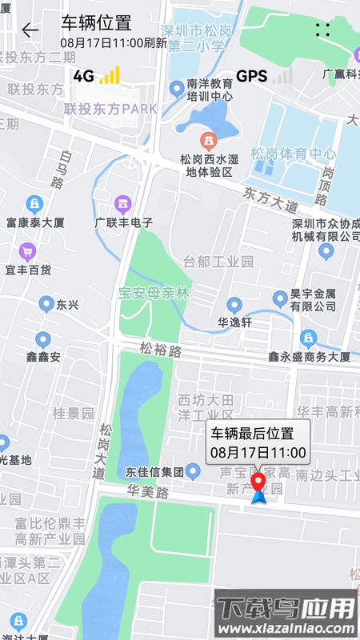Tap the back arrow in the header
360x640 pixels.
(x=30, y=30)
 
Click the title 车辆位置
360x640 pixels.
(x=96, y=22)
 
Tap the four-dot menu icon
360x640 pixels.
(x=322, y=30)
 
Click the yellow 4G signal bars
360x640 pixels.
(x=110, y=76)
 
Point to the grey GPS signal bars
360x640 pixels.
(x=282, y=76)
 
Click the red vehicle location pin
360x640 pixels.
(x=258, y=482)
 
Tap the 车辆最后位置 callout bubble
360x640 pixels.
(x=258, y=443)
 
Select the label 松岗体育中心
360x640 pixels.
(x=293, y=154)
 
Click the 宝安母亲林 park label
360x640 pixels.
(x=154, y=294)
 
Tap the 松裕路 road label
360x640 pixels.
(x=161, y=350)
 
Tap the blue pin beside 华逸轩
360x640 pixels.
(x=234, y=305)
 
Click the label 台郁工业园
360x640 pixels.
(x=218, y=262)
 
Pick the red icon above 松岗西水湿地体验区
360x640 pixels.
(x=208, y=141)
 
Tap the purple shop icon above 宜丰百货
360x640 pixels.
(x=28, y=253)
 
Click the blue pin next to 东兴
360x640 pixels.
(x=46, y=304)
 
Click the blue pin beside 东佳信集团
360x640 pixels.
(x=193, y=470)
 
